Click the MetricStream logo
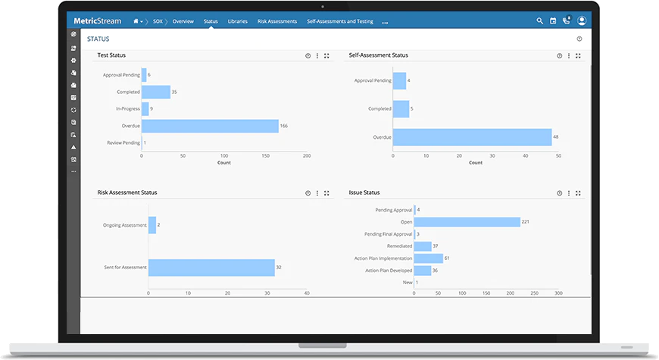tap(98, 21)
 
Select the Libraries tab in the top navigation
tap(237, 21)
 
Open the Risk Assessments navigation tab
tap(277, 21)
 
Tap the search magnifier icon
tap(539, 20)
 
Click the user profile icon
tap(582, 20)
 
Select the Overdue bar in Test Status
tap(210, 126)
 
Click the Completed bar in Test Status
tap(156, 92)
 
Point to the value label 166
tap(284, 126)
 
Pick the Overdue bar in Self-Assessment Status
tap(473, 137)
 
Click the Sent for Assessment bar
tap(211, 268)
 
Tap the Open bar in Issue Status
tap(467, 221)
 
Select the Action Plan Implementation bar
tap(428, 258)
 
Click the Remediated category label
tap(399, 246)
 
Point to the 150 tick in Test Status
tap(266, 155)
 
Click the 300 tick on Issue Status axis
tap(558, 293)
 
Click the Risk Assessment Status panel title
tap(127, 193)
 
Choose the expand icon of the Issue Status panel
tap(578, 193)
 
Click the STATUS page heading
tap(98, 39)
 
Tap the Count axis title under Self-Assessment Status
tap(476, 163)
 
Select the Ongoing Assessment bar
tap(152, 225)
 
